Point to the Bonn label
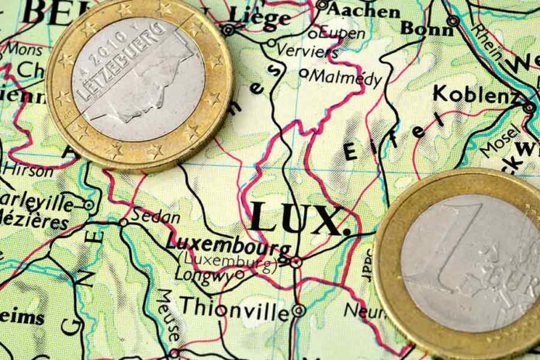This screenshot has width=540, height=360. click(426, 29)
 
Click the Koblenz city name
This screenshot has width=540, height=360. click(476, 95)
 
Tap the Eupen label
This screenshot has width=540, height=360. click(342, 34)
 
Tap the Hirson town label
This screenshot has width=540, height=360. click(29, 169)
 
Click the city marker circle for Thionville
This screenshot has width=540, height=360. click(298, 310)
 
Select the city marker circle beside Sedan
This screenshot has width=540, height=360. click(123, 222)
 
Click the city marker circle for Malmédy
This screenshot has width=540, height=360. click(303, 74)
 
